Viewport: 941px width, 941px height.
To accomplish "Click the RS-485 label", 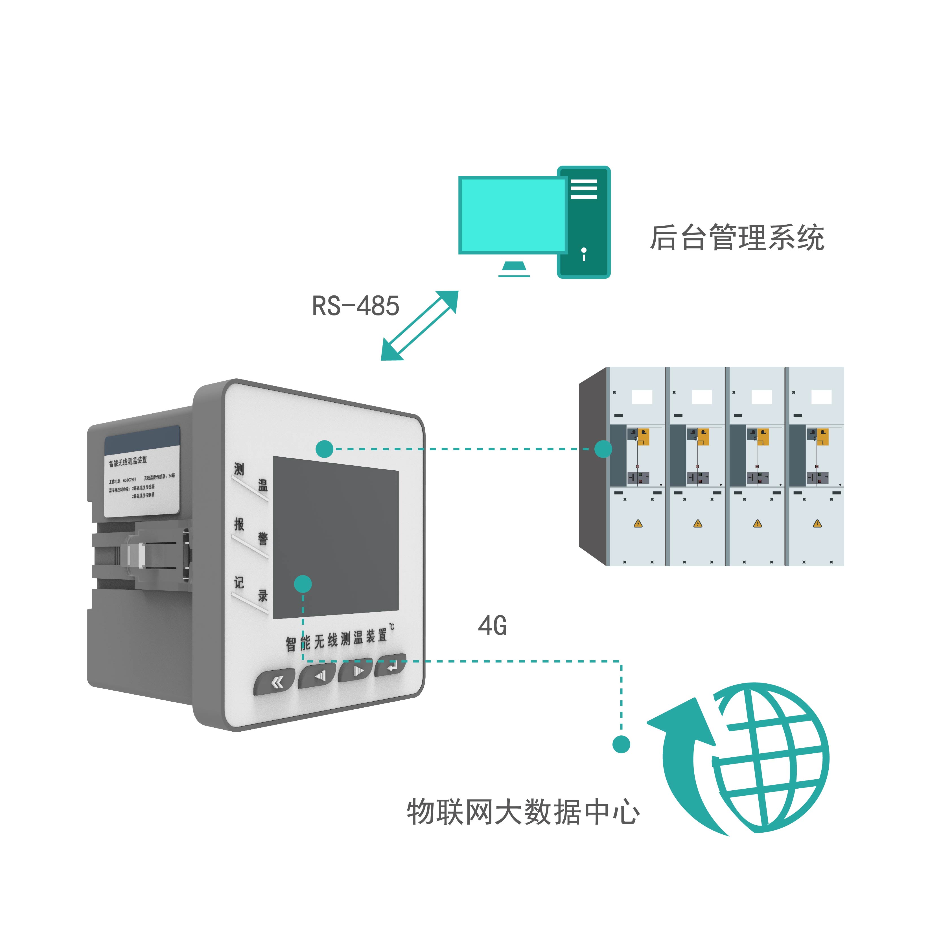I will (x=355, y=306).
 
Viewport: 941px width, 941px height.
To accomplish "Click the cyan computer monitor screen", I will (x=512, y=215).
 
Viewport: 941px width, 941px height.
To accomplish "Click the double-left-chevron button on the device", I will (x=276, y=683).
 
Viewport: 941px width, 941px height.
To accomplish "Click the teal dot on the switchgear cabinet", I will (x=603, y=449).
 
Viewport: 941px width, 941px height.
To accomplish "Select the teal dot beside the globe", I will (x=621, y=744).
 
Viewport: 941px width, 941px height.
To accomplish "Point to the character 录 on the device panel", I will (x=263, y=595).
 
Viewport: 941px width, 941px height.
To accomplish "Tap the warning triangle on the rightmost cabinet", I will (x=817, y=524).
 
